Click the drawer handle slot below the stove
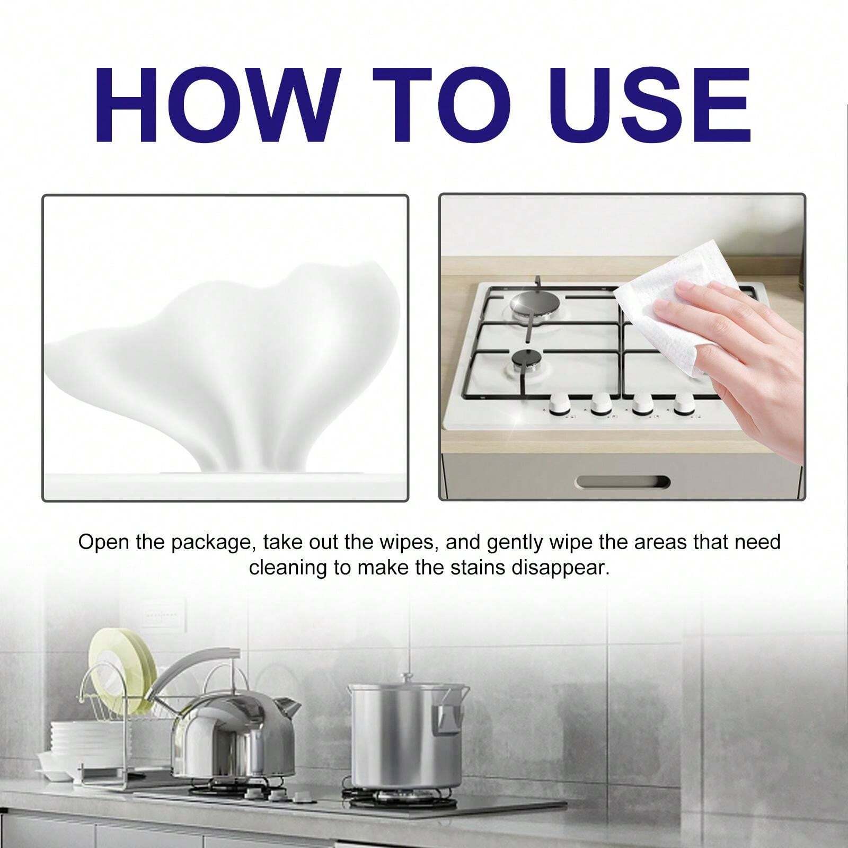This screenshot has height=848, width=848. coord(623,482)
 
